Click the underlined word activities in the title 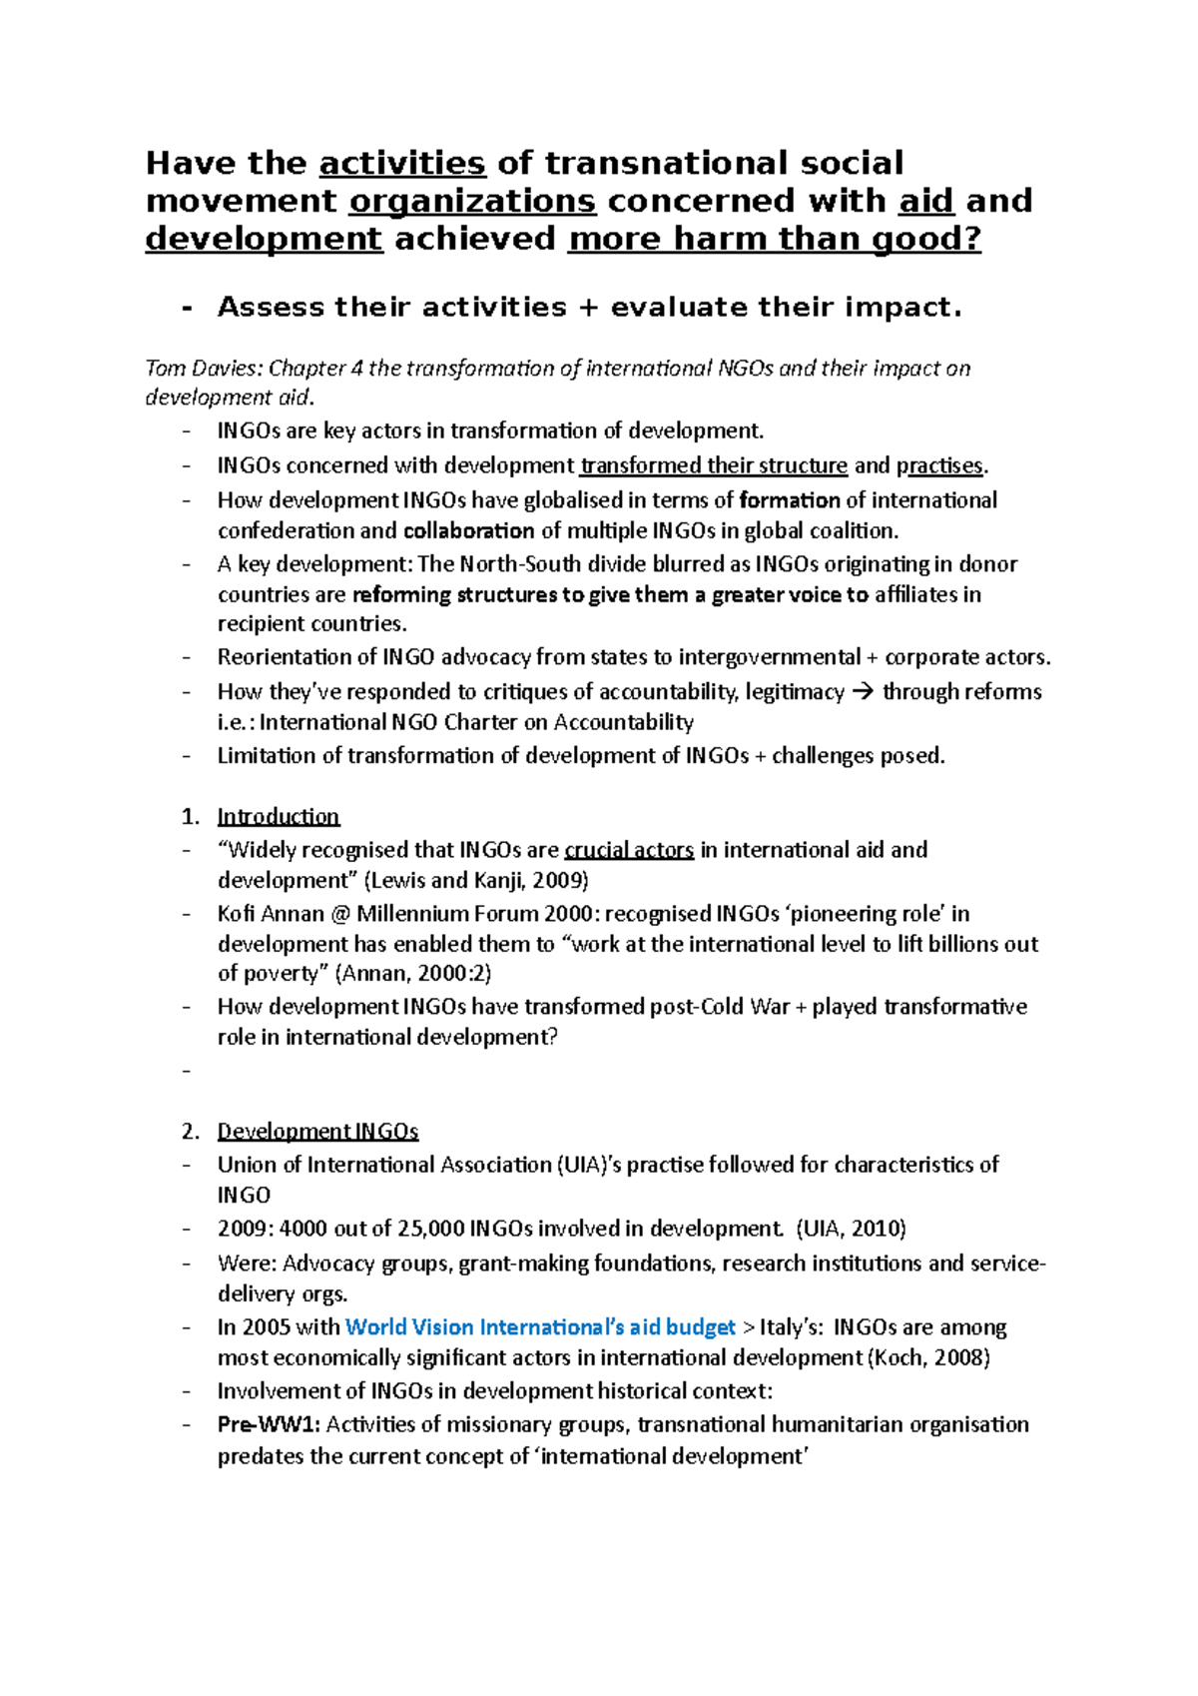click(402, 163)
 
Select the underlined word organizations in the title click(472, 201)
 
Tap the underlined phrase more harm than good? click(774, 239)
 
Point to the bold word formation click(789, 500)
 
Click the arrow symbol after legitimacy click(864, 692)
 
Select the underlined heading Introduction click(279, 816)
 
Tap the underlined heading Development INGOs click(317, 1131)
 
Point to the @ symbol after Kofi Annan click(340, 914)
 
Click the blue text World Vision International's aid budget click(539, 1327)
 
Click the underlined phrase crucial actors click(629, 850)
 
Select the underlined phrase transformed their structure click(714, 465)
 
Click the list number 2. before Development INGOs click(191, 1131)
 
